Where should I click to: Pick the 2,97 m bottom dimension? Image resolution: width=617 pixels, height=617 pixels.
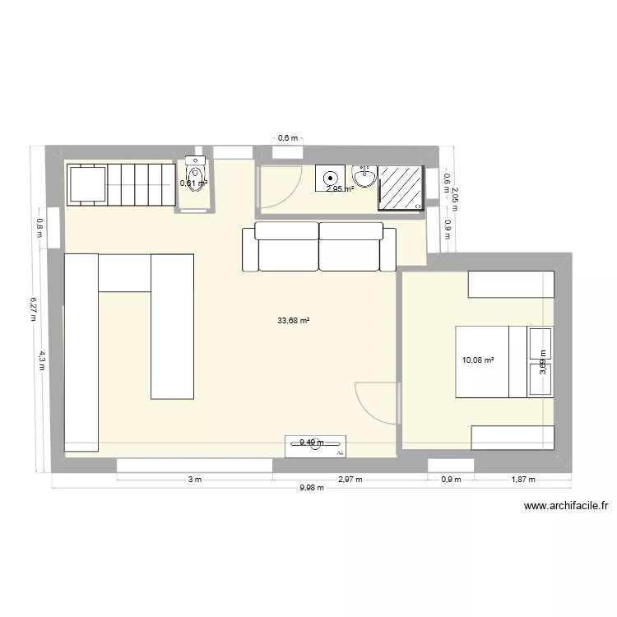[350, 480]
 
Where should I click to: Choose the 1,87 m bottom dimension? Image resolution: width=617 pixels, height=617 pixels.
[522, 480]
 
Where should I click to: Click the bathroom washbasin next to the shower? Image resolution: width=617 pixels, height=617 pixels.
[364, 175]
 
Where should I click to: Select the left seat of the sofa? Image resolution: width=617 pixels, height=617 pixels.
[288, 247]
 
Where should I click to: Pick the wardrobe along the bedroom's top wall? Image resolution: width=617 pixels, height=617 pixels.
[510, 284]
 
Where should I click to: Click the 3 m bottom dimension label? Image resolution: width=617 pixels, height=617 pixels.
[194, 480]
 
